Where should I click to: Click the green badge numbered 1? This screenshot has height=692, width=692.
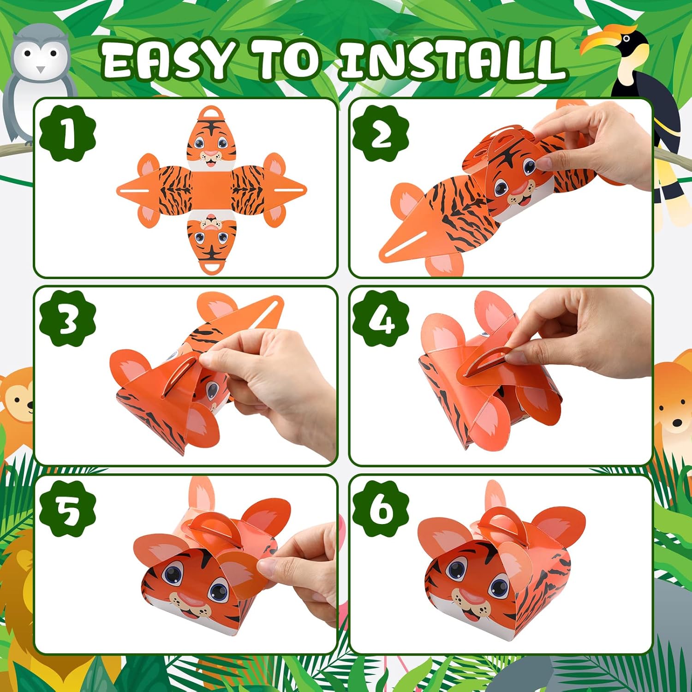[68, 133]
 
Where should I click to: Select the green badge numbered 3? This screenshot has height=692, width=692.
[68, 320]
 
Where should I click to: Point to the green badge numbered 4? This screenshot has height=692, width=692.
[381, 320]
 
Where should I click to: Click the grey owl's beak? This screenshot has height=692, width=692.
[41, 70]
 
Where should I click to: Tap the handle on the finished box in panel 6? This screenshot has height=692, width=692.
[497, 519]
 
